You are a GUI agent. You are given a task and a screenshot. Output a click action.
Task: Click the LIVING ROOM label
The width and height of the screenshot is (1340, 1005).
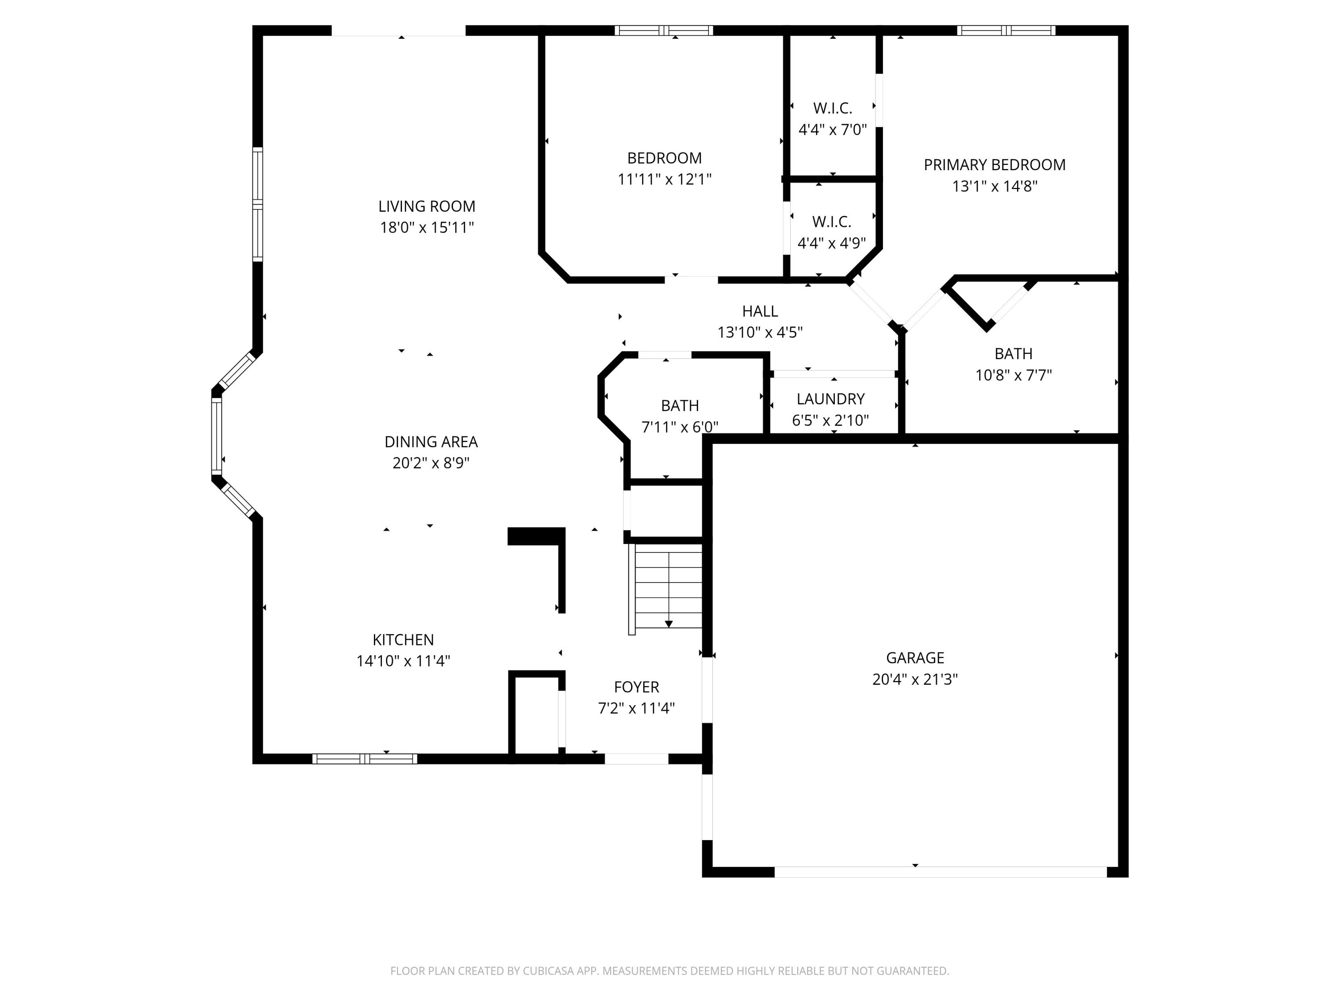[x=427, y=206]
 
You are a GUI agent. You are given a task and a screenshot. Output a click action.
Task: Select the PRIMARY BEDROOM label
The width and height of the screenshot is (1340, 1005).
[x=994, y=165]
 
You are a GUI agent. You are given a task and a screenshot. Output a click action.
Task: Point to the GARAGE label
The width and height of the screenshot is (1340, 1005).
[x=915, y=658]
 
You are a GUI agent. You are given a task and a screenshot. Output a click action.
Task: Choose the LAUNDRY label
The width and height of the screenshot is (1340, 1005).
[x=830, y=399]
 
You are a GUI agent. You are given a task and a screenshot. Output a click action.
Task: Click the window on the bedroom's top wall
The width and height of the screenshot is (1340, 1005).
[x=663, y=30]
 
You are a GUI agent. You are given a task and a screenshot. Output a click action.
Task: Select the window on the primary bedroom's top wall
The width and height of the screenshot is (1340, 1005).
[x=1005, y=30]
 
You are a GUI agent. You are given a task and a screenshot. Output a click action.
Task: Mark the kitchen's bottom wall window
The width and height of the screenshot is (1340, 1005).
[x=364, y=758]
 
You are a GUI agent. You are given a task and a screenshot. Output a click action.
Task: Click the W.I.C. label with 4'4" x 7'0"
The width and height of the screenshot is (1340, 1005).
[x=832, y=109]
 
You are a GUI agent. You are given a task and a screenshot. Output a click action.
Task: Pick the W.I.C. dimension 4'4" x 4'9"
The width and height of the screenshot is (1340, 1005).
[x=831, y=243]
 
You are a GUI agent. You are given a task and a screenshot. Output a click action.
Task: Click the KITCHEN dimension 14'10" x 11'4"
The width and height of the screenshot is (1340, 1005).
[x=403, y=662]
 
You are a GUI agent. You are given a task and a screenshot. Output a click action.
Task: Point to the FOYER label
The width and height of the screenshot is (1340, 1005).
[x=636, y=687]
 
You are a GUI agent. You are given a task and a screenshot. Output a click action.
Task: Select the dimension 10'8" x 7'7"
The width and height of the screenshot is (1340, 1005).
[x=1013, y=376]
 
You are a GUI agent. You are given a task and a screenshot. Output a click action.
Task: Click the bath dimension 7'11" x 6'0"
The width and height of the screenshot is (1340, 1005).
[x=680, y=427]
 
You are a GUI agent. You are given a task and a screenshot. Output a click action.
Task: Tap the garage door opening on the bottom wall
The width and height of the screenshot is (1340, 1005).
[x=941, y=872]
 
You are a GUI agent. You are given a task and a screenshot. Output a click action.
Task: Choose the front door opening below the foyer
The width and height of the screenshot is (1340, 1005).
[x=636, y=758]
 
